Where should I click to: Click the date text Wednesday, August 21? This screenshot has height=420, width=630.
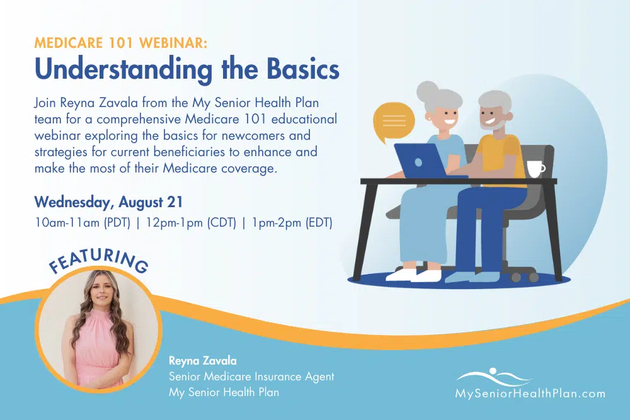[108, 202]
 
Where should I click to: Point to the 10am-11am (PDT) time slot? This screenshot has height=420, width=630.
[83, 222]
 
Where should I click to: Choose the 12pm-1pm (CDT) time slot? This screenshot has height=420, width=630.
[191, 222]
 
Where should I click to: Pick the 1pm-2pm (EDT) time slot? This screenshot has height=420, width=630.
[292, 222]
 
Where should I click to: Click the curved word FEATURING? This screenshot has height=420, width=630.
[98, 260]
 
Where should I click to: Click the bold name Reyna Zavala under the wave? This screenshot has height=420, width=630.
[202, 361]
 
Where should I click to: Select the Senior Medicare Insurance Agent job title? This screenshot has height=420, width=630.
[251, 377]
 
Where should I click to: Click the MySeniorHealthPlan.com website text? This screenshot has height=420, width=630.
[530, 394]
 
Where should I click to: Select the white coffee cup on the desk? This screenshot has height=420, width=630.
[535, 169]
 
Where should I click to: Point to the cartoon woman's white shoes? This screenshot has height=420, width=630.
[414, 275]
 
